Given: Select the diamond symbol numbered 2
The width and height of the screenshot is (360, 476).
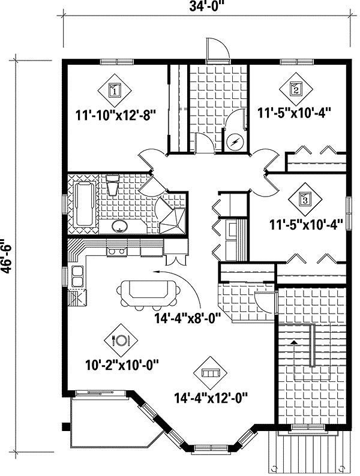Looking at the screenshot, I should click(x=296, y=89).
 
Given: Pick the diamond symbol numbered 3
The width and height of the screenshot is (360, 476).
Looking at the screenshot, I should click(x=304, y=200).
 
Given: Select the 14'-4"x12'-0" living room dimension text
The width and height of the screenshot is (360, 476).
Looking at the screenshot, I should click(x=211, y=396).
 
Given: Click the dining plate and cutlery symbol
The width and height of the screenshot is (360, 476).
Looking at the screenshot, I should click(x=121, y=339).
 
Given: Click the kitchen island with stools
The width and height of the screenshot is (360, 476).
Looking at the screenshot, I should click(x=150, y=292).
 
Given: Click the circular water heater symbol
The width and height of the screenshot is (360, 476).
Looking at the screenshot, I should click(x=236, y=142).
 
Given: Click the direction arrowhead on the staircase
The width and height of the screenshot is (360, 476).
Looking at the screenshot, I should click(x=293, y=341).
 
